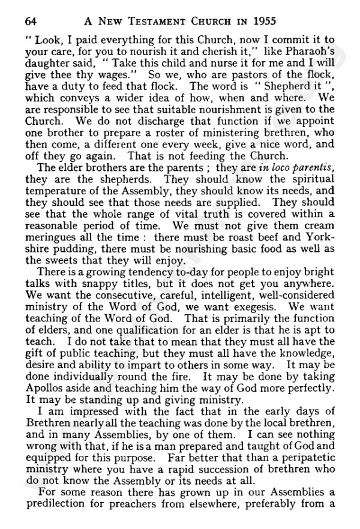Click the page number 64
pos(31,20)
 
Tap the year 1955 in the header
pos(259,20)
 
